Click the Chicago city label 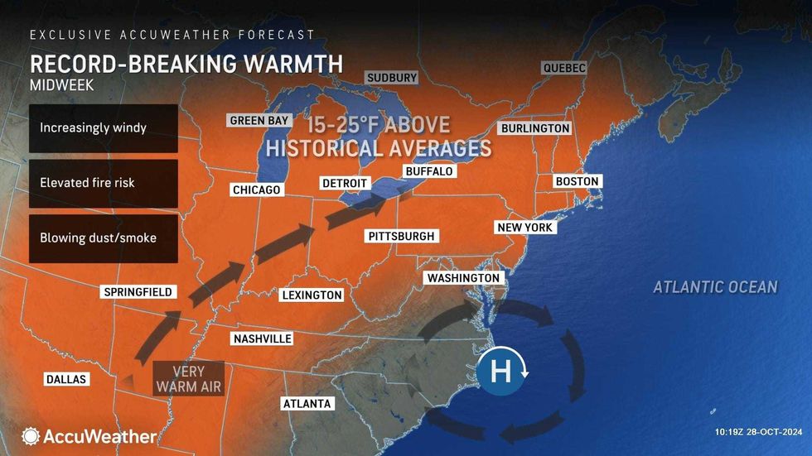(x=257, y=190)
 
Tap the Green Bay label (x=259, y=120)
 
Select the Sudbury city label (x=392, y=78)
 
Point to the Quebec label (x=564, y=68)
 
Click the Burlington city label (x=535, y=128)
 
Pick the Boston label (x=578, y=181)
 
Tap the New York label (x=524, y=227)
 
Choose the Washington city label (x=463, y=278)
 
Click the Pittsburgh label (x=401, y=236)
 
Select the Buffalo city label (x=429, y=171)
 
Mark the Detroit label (x=344, y=182)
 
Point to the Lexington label (x=312, y=295)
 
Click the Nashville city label (x=262, y=338)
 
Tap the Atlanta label (x=307, y=403)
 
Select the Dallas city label (x=66, y=379)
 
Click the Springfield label (x=138, y=291)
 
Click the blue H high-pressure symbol (x=500, y=372)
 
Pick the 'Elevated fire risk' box (x=104, y=183)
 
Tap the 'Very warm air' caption (x=188, y=378)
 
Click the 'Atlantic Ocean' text (x=715, y=287)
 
